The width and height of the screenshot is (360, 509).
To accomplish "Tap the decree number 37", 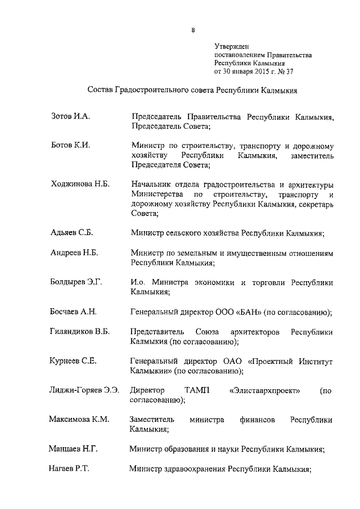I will point(289,71).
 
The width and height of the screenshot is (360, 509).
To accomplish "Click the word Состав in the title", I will point(101,89).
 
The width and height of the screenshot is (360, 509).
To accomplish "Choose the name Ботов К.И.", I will point(70,145).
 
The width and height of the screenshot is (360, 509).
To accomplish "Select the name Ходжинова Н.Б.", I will point(80,184).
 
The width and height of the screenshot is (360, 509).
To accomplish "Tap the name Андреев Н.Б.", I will point(74,253).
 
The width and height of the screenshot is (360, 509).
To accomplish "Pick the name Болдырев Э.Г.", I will point(76,282).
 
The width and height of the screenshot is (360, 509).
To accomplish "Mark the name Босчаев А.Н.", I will point(74,312).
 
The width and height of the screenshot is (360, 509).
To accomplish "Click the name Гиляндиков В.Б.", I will point(79,332).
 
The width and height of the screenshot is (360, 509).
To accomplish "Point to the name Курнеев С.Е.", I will point(73,361).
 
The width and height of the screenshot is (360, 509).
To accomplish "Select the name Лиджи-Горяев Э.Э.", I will point(84,390).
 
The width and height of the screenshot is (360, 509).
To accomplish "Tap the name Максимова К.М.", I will point(79,420).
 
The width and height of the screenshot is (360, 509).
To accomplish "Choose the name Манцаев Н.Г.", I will point(74,449).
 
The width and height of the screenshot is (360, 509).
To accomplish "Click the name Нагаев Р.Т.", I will point(70,469).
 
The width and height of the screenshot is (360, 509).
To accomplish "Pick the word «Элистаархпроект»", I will point(264,391).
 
